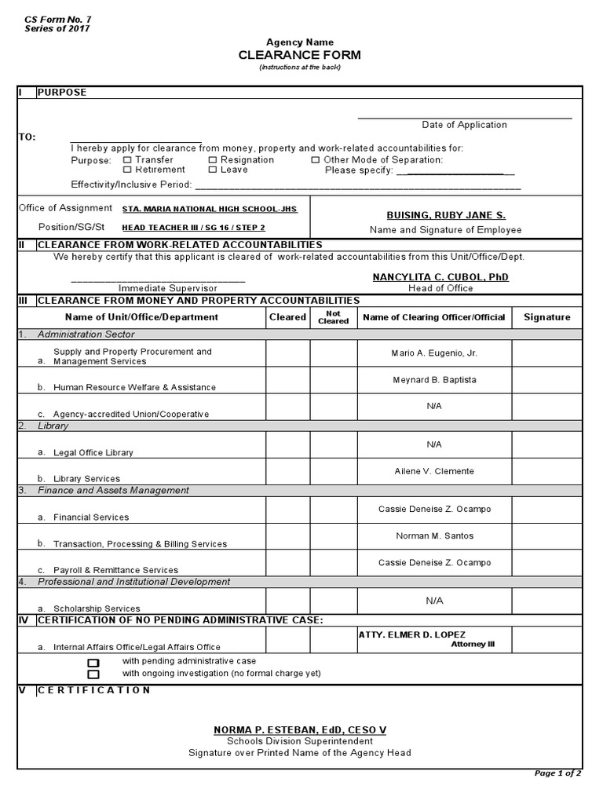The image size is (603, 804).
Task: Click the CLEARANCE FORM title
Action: [x=301, y=55]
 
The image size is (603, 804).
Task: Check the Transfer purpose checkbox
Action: [x=127, y=160]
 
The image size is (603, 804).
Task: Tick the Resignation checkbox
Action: [x=213, y=160]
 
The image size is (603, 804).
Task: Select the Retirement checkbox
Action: [x=127, y=170]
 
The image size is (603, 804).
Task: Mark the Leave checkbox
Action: [x=213, y=170]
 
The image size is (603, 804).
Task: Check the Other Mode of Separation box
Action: [x=315, y=160]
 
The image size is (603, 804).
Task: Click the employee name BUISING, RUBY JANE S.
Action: [x=446, y=215]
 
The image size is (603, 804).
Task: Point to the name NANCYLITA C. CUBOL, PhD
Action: [x=440, y=277]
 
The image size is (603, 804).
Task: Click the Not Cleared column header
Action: [x=333, y=317]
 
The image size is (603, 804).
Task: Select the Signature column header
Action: [x=546, y=317]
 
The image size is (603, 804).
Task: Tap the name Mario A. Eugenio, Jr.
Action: [x=434, y=353]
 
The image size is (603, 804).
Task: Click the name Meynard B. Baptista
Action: [x=434, y=380]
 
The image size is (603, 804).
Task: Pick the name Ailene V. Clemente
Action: [x=434, y=471]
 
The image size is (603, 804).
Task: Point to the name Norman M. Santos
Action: [x=434, y=536]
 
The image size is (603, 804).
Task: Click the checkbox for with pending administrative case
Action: [x=93, y=663]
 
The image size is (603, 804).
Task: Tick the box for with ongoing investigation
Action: [x=93, y=674]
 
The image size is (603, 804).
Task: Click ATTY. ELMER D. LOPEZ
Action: [x=411, y=634]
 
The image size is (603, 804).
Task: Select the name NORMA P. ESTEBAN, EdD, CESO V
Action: [x=300, y=730]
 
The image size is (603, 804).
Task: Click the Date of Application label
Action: [x=464, y=125]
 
